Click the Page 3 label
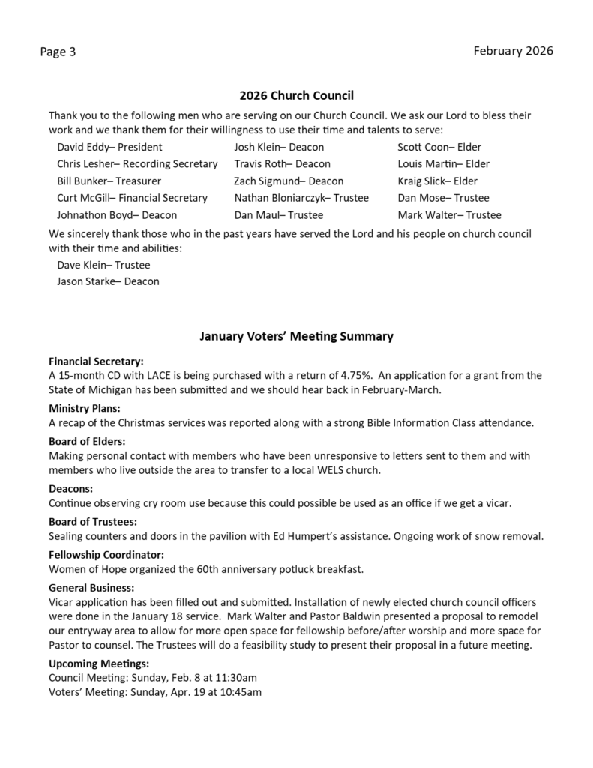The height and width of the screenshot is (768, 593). (x=58, y=52)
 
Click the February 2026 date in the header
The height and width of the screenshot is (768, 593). (x=513, y=51)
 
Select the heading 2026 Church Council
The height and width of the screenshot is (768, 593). (x=296, y=95)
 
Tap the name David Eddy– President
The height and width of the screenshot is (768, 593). (x=109, y=147)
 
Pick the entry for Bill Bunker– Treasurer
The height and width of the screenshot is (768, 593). (x=109, y=181)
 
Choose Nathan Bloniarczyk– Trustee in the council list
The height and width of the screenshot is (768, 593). (x=301, y=198)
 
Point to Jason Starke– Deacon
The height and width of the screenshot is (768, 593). (x=108, y=281)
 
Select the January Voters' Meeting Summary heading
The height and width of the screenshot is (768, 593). (x=296, y=336)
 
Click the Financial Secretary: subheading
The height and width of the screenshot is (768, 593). (x=96, y=361)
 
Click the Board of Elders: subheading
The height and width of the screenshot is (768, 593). (x=87, y=441)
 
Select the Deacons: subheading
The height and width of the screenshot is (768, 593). (x=70, y=488)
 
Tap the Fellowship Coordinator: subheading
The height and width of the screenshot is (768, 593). (x=106, y=555)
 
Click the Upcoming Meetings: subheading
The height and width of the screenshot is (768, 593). (x=98, y=663)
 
